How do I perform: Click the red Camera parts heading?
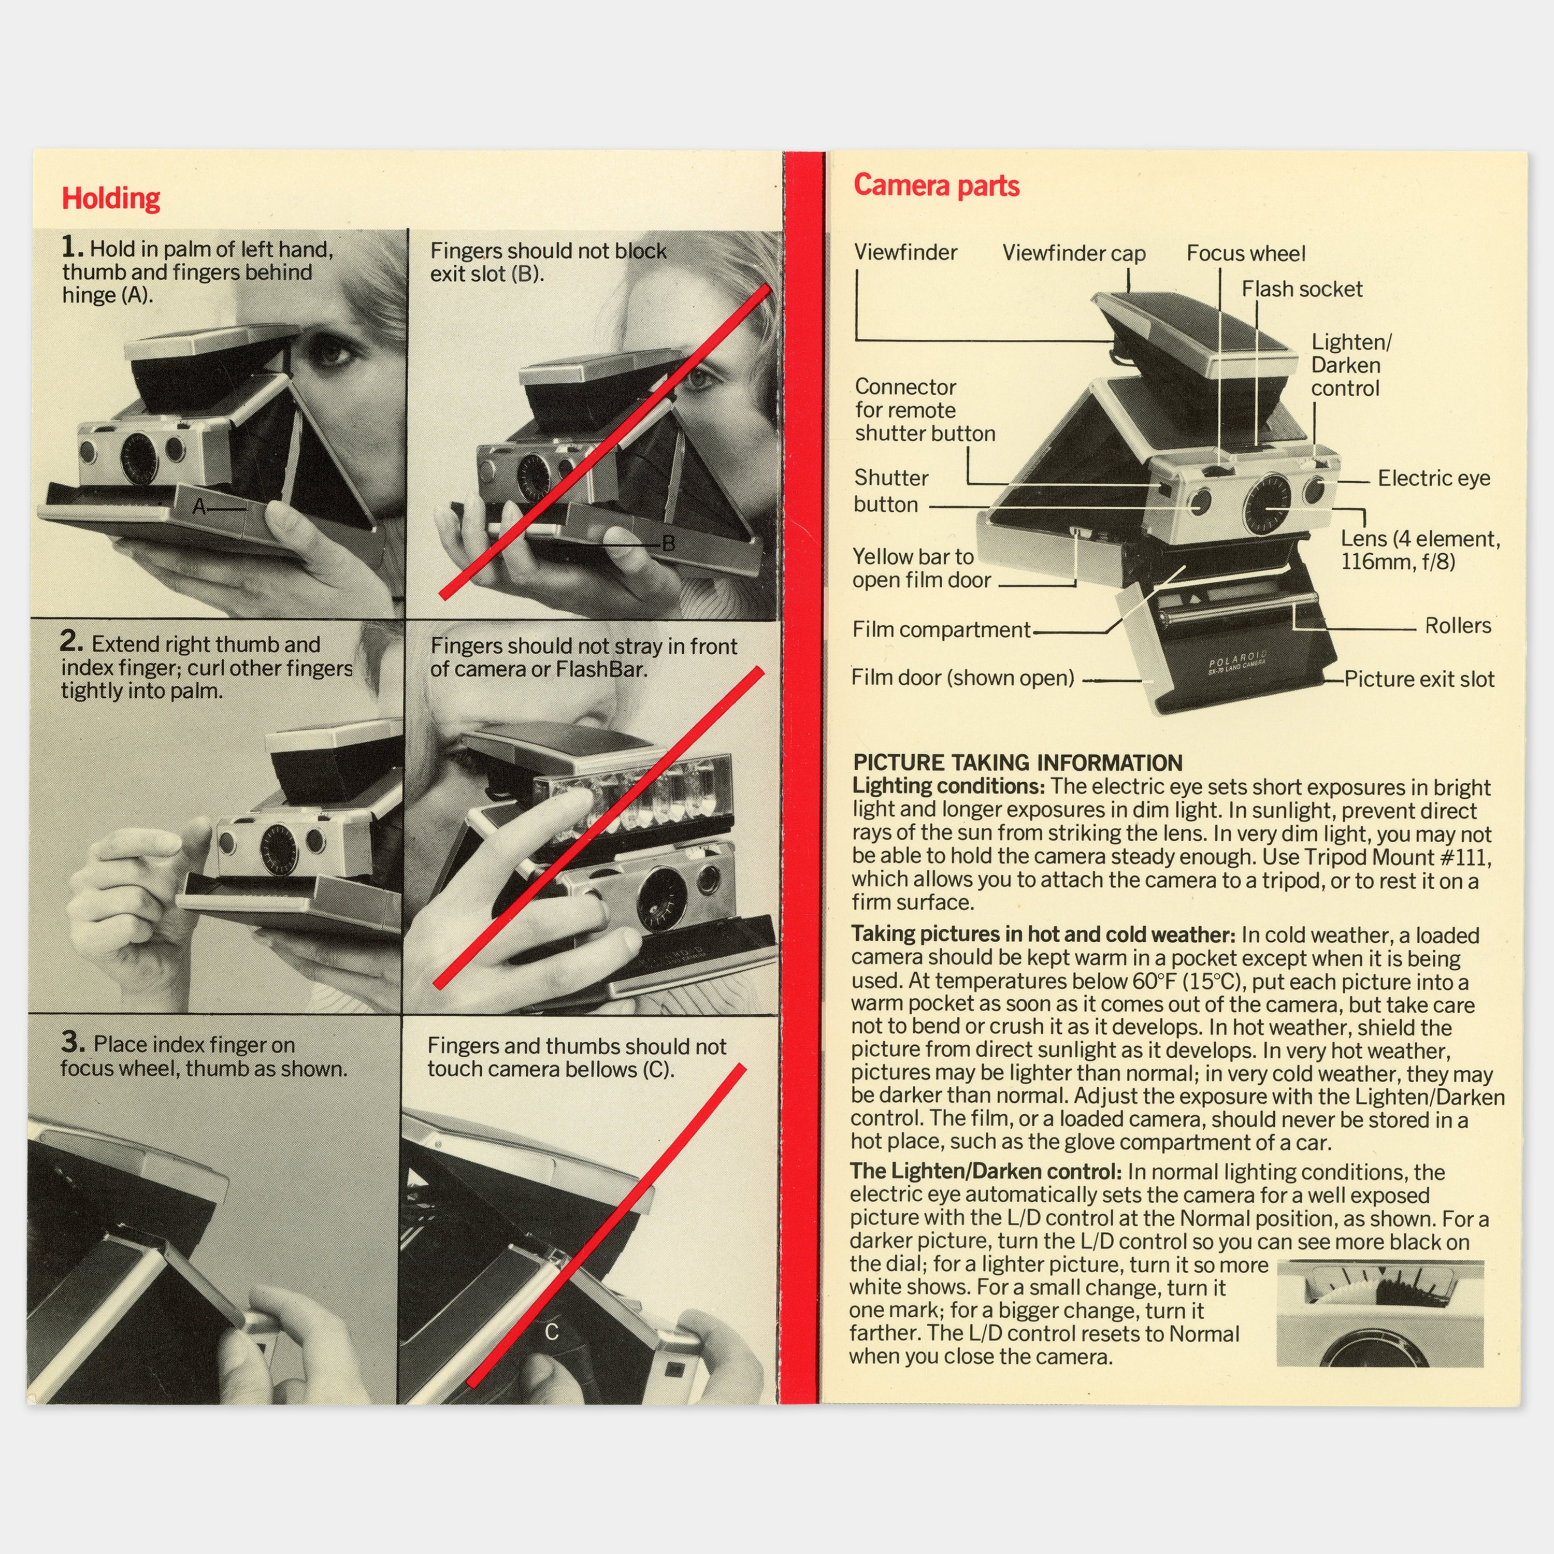(x=936, y=186)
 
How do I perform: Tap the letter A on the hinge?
(x=199, y=507)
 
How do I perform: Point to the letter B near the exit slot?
(x=668, y=544)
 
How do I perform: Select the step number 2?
(x=71, y=641)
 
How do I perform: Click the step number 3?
(x=73, y=1042)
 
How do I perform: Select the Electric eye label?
(x=1433, y=479)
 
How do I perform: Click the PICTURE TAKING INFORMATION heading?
(x=1017, y=762)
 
